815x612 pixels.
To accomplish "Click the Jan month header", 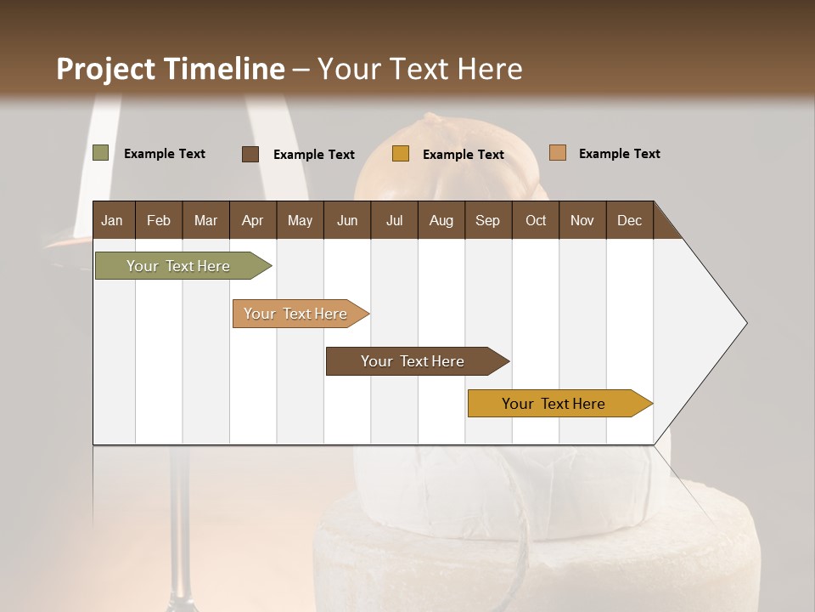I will tap(112, 220).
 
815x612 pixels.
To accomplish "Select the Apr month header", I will tap(252, 220).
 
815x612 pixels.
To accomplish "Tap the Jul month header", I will tap(394, 220).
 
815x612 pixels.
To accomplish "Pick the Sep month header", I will tap(487, 220).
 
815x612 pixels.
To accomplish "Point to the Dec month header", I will tap(629, 220).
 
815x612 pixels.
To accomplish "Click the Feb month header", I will tap(159, 220).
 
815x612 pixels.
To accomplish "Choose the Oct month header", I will tap(536, 220).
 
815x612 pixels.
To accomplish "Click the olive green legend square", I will tap(100, 153).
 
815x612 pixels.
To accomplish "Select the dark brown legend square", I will tap(250, 154).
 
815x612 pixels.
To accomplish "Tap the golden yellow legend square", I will tap(401, 154).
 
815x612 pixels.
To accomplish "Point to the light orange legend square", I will tap(557, 153).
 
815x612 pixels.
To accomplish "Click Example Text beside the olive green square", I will tap(165, 154).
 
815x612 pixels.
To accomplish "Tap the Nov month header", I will tap(582, 220).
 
